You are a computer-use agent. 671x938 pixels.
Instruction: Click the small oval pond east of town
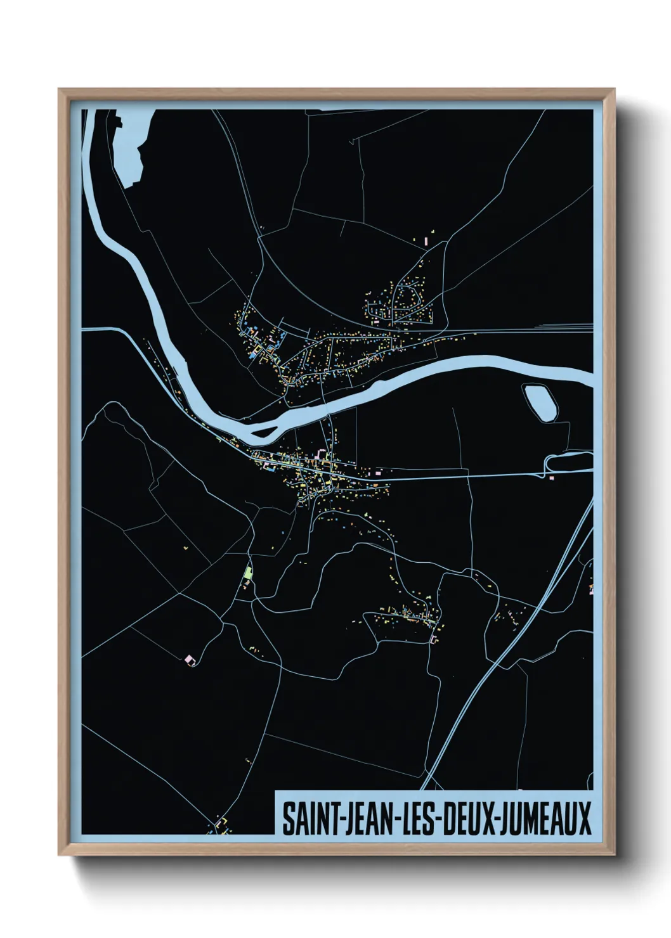tap(540, 403)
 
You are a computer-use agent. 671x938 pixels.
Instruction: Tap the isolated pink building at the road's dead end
tap(189, 660)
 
